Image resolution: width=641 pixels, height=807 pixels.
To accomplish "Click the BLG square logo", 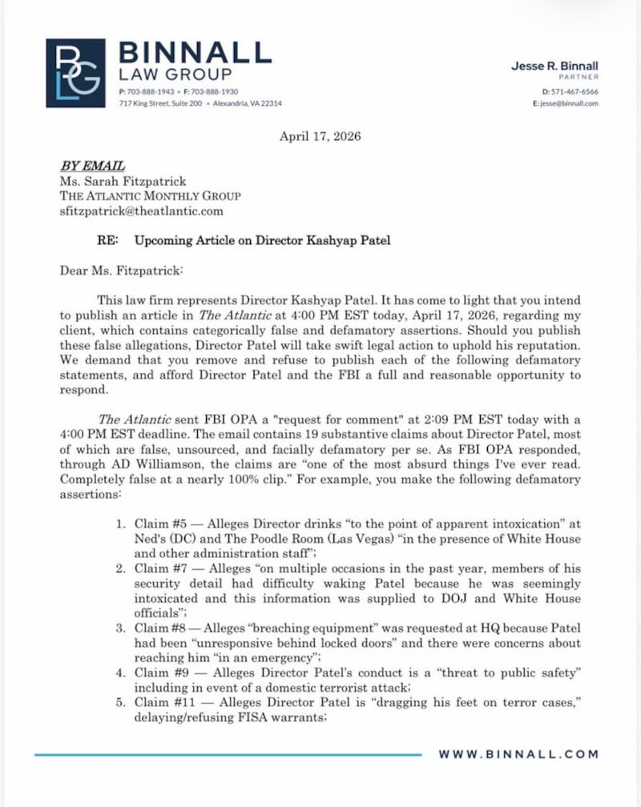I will tap(75, 73).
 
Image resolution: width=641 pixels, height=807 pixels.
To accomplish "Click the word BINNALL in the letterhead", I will tap(195, 54).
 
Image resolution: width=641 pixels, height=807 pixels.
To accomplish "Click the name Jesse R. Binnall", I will tap(554, 66).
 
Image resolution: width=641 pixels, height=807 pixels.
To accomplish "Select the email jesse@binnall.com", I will tap(570, 103).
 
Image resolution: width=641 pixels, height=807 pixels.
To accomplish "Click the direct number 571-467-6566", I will tap(574, 92).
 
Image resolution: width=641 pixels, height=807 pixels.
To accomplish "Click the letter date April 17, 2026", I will tap(320, 136).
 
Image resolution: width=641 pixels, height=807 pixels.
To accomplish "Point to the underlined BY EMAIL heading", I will tap(92, 166).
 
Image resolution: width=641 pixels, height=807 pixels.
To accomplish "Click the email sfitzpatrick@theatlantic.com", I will tap(142, 211).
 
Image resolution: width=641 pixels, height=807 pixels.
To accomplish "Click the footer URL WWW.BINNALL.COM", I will tap(518, 754).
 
